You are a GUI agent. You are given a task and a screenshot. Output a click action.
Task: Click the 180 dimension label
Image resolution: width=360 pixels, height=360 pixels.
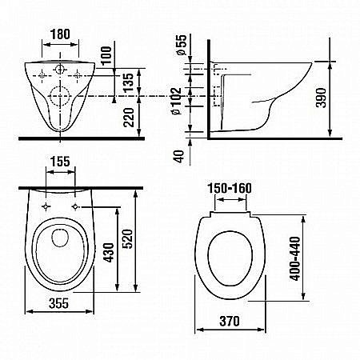[x=60, y=34]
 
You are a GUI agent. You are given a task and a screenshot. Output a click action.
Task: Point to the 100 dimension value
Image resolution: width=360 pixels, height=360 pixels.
[x=106, y=55]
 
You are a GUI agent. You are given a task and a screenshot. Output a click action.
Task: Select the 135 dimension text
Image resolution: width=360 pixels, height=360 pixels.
[x=129, y=82]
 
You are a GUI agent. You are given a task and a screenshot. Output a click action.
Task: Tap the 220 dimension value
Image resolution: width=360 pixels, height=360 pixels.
[x=129, y=117]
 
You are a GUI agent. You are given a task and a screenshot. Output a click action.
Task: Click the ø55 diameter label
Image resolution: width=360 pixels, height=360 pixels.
[x=182, y=45]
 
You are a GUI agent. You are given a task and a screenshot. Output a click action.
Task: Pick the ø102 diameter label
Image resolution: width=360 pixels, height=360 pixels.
[x=176, y=101]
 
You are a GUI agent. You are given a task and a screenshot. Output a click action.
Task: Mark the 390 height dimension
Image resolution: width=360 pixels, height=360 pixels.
[x=321, y=98]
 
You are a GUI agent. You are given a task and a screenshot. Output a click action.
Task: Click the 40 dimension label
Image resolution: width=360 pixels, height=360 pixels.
[x=179, y=157]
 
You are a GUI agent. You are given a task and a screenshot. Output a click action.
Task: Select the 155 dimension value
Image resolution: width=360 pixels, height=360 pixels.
[x=60, y=162]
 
